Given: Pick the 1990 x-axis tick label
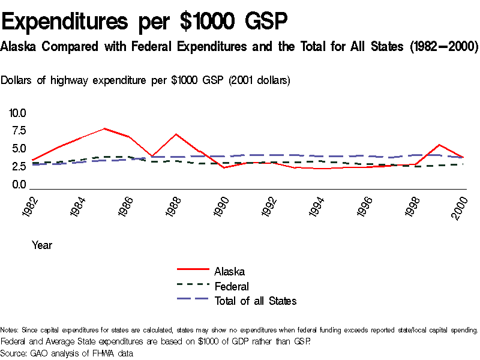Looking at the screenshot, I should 220,207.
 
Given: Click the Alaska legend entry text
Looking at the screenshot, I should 229,272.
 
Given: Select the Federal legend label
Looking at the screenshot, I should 232,286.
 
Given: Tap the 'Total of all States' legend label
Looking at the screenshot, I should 256,301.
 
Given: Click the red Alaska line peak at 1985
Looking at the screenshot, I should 104,128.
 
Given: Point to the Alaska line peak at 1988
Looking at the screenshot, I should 176,134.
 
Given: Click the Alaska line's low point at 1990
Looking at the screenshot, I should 224,168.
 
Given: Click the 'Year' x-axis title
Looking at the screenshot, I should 42,245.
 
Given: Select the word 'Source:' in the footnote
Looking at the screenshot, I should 14,353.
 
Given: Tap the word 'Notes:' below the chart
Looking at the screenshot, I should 10,330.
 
